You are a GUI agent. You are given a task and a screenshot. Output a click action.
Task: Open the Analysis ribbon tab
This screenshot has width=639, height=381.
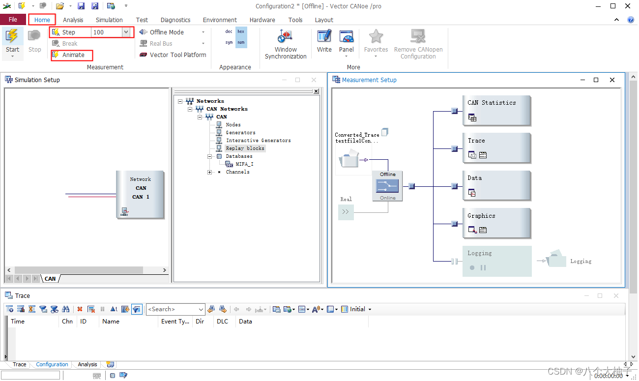tap(73, 20)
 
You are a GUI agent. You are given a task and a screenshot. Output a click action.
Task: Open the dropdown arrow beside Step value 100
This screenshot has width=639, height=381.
tap(126, 32)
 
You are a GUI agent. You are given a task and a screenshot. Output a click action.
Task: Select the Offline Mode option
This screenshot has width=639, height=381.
tap(167, 32)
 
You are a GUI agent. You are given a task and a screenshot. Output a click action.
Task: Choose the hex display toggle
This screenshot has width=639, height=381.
tap(241, 31)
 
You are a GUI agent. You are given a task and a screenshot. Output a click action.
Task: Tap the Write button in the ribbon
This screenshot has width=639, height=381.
tap(324, 41)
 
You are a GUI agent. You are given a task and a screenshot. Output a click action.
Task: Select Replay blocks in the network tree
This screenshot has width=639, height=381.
tap(245, 148)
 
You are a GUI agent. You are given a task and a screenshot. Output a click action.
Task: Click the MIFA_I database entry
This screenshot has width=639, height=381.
tap(244, 164)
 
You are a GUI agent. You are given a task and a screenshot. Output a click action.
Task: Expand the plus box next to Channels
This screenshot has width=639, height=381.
tap(210, 172)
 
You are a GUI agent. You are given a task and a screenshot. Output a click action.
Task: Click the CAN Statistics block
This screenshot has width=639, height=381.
tap(496, 111)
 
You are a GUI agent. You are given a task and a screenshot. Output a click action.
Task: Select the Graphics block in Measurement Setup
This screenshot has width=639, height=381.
tap(496, 223)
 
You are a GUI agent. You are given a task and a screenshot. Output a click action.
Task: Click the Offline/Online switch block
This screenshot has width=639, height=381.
tap(387, 186)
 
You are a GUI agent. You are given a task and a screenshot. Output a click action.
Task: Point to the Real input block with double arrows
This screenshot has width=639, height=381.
tap(346, 212)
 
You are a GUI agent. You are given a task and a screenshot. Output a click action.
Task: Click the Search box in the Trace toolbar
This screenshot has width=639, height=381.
tap(173, 309)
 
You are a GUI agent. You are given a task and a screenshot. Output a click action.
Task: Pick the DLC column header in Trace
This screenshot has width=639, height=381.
tap(222, 322)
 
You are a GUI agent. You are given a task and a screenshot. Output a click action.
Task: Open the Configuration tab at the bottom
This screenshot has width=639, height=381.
tap(52, 364)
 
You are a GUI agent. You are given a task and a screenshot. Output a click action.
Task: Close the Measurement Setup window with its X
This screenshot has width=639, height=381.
tap(612, 80)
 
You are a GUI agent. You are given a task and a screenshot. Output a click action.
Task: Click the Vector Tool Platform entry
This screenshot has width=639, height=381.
tap(173, 55)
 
